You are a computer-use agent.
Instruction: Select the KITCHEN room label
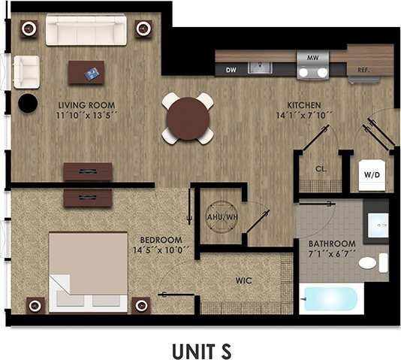coord(304,104)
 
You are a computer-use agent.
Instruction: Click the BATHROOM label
coord(332,244)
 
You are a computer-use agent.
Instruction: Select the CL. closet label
coord(321,168)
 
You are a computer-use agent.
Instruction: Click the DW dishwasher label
coord(231,70)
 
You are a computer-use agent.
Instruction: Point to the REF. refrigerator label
coord(363,70)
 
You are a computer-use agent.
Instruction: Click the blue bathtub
coord(329,299)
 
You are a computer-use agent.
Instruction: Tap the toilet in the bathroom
coord(371,263)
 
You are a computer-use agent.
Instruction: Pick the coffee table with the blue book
coord(86,72)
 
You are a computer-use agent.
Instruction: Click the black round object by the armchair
coord(28,103)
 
